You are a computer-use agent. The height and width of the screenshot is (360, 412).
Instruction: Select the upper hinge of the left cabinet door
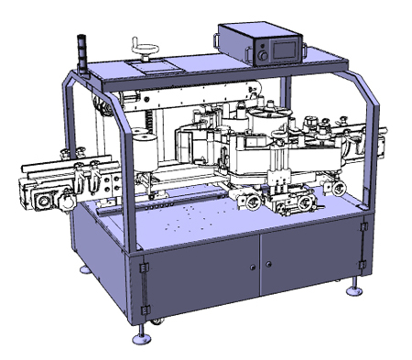[144, 267]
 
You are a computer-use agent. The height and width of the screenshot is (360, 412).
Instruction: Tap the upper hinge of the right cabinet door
[363, 224]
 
